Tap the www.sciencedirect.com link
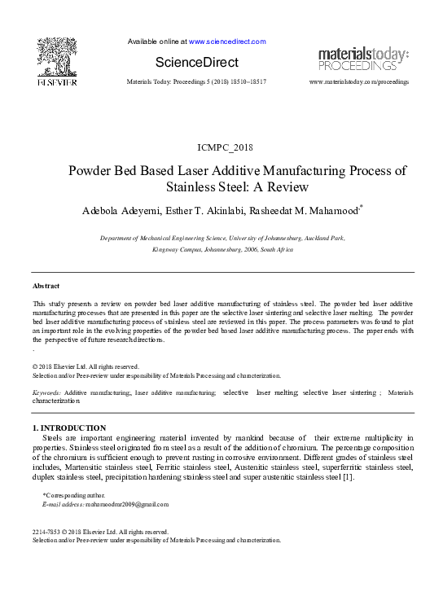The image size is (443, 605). pos(227,42)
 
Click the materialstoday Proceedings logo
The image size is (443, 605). pos(363,59)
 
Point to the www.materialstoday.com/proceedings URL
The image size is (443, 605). pos(359,83)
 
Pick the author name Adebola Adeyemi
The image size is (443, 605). pos(127,211)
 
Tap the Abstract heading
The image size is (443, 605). pos(46,286)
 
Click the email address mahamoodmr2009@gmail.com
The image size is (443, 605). pos(121,506)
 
